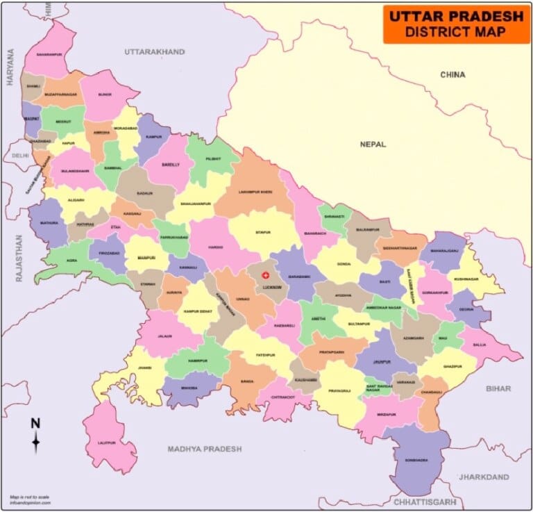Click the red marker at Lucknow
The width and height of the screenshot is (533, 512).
(x=264, y=276)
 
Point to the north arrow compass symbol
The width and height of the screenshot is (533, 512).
(x=35, y=436)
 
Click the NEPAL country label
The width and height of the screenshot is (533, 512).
(x=373, y=144)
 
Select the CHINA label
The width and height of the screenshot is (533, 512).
(x=452, y=74)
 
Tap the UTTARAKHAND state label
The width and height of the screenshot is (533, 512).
(x=154, y=51)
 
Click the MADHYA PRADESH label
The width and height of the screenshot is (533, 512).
(x=205, y=449)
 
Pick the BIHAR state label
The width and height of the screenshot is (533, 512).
(x=498, y=388)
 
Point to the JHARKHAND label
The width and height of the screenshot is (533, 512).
(x=484, y=477)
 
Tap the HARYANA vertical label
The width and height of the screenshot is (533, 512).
(x=10, y=67)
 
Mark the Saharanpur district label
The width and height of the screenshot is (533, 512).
(x=49, y=54)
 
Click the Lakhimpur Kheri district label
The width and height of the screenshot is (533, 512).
(x=255, y=192)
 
